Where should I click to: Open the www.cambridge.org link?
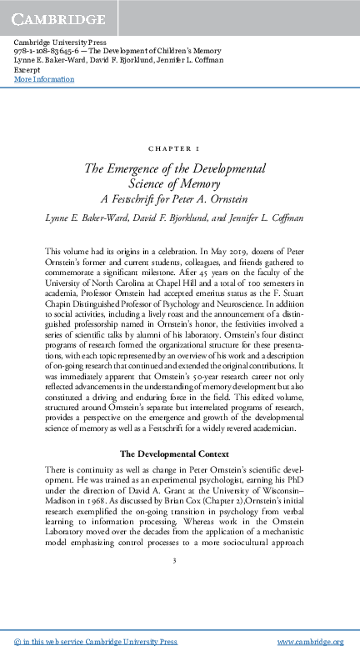point(310,642)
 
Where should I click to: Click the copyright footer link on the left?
point(97,642)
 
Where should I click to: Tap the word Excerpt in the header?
point(28,70)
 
